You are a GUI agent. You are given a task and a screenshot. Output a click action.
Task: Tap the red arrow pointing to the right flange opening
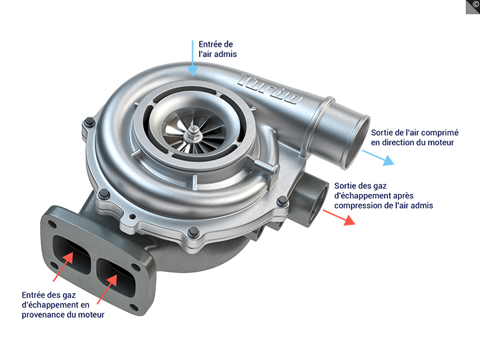tap(108, 289)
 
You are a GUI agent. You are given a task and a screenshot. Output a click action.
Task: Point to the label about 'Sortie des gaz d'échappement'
tap(383, 195)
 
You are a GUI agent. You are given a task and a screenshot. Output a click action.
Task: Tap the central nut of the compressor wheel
tap(195, 134)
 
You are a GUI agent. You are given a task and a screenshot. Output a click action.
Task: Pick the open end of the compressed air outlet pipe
tap(357, 136)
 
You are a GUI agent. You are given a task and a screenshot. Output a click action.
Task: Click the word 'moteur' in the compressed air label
tap(440, 142)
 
